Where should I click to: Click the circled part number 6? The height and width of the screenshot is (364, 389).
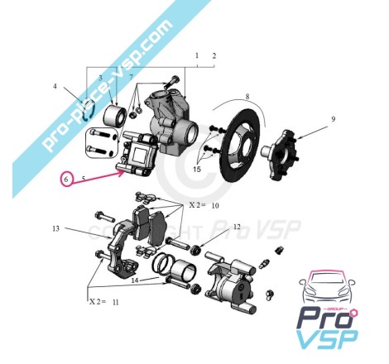[66, 180]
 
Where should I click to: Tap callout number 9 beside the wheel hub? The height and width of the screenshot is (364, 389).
[334, 119]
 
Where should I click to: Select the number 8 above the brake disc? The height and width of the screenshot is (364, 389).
[247, 97]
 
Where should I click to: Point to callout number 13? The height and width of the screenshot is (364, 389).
[55, 228]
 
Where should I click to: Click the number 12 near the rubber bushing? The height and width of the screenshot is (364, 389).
[237, 227]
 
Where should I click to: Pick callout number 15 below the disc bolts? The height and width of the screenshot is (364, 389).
[197, 169]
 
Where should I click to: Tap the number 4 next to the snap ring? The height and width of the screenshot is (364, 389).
[55, 86]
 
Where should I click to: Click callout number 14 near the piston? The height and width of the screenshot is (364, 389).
[135, 280]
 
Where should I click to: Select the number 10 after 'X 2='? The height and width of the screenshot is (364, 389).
[215, 205]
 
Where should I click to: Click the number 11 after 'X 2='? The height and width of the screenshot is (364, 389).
[116, 302]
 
